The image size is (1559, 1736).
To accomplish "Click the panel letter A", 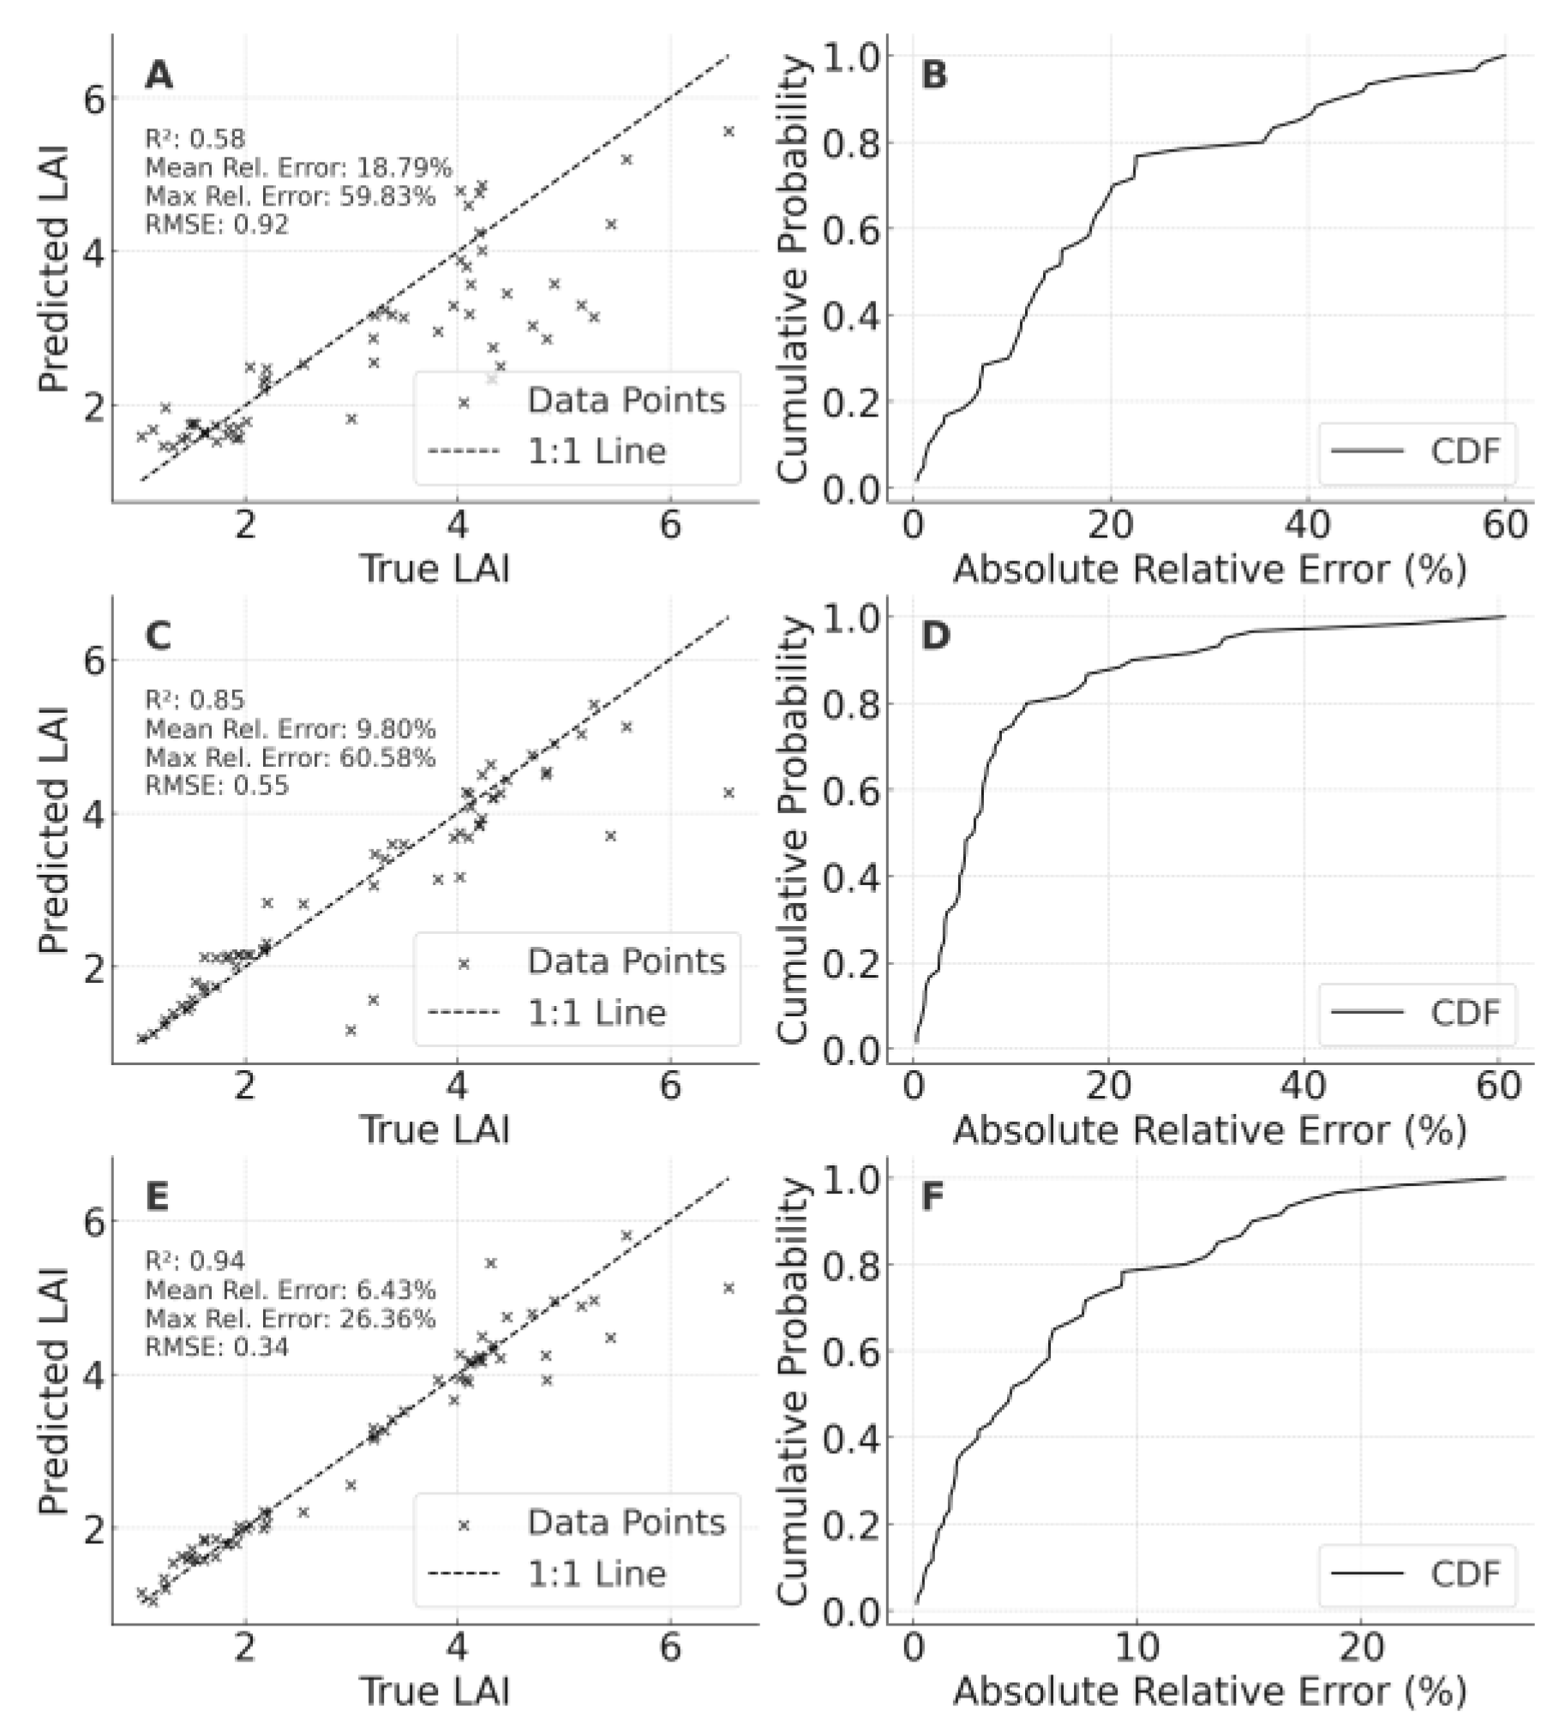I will [x=159, y=75].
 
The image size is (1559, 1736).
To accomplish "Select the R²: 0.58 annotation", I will [x=195, y=139].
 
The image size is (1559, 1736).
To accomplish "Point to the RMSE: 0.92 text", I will [x=217, y=224].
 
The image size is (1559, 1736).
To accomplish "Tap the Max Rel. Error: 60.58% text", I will [x=290, y=757].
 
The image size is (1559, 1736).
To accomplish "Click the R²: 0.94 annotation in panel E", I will [x=195, y=1260].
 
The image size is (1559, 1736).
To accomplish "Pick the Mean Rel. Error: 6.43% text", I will [x=290, y=1290].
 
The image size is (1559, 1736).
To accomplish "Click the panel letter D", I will [x=935, y=636].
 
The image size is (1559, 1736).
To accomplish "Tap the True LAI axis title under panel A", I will [x=435, y=569].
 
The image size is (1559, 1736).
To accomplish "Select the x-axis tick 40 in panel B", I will [x=1308, y=525].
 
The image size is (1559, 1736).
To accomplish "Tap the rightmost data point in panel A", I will [x=729, y=131].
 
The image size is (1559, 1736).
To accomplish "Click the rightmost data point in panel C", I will [x=729, y=793].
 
